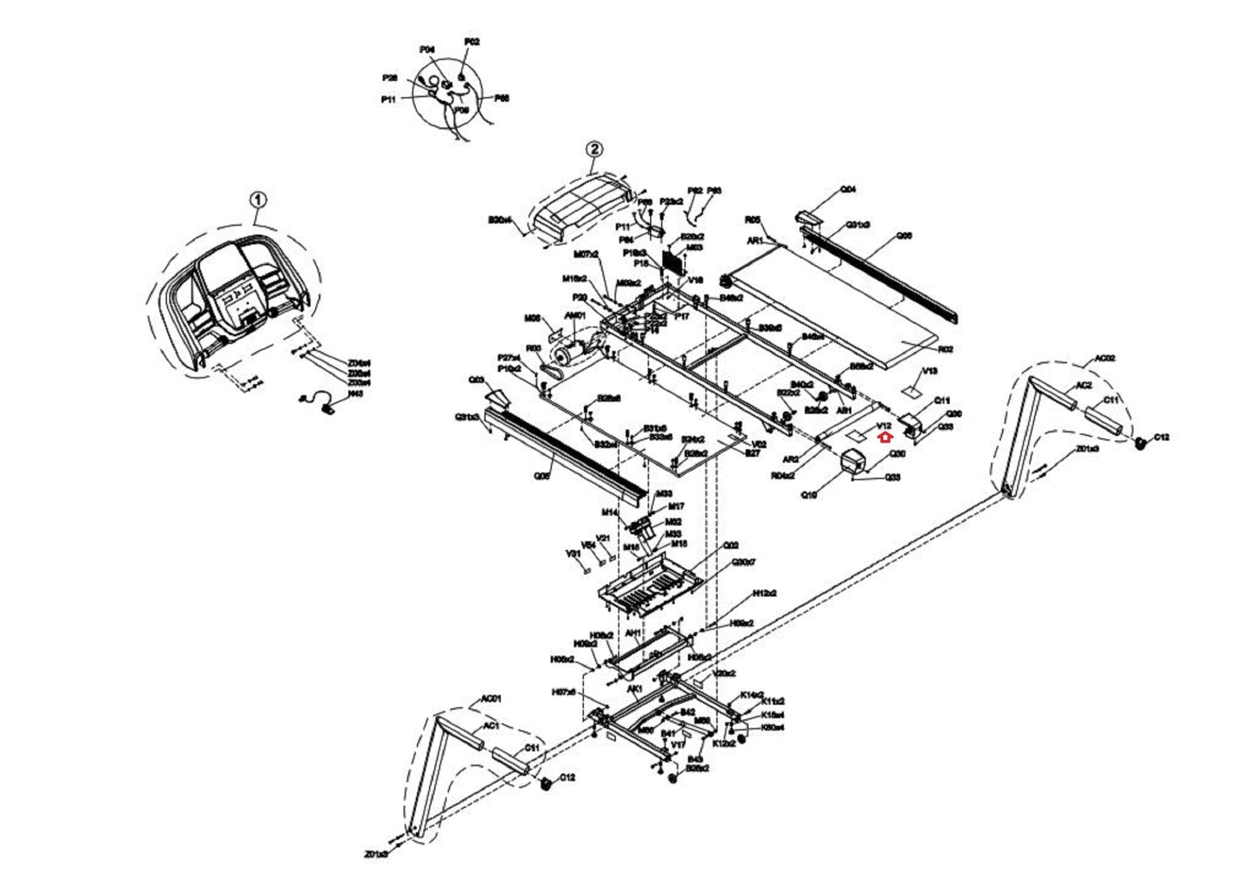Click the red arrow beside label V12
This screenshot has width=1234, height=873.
885,436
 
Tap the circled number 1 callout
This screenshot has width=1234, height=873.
257,200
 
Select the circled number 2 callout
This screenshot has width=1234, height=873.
594,148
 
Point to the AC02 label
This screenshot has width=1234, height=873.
1104,358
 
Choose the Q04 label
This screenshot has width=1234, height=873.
848,189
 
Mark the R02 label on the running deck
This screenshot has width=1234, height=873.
945,349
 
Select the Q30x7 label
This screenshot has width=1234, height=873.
744,562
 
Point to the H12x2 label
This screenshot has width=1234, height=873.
765,593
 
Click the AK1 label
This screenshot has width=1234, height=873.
634,688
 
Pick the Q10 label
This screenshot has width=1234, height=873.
809,495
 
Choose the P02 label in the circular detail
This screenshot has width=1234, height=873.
472,42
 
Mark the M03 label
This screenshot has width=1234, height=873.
695,247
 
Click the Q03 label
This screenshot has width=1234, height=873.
476,380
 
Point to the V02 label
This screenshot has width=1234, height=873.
759,444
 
